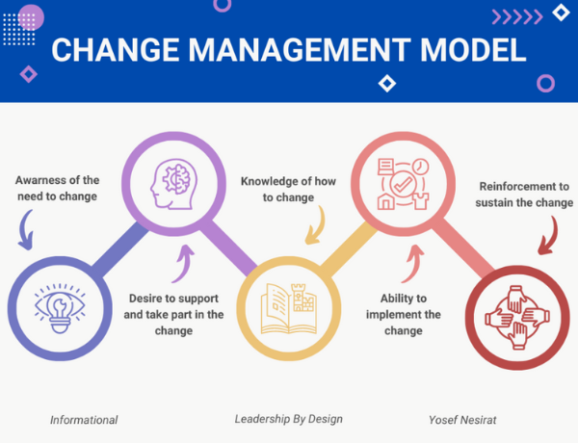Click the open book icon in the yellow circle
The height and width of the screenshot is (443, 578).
coord(287,306)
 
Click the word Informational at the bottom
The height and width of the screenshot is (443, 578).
coord(84,420)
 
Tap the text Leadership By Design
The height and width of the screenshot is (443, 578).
coord(288,420)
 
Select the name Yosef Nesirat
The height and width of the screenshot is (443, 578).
coord(465,420)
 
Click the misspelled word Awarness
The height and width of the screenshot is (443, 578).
coord(42,180)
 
